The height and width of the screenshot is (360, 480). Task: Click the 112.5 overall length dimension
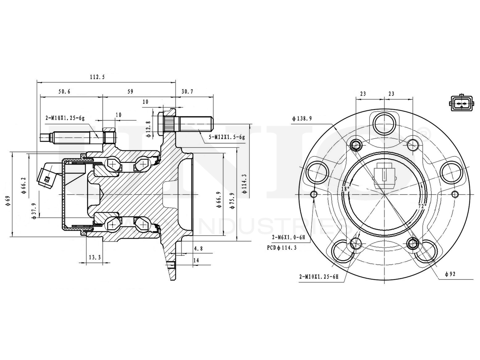pos(97,77)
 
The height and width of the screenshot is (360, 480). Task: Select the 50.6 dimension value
pos(64,91)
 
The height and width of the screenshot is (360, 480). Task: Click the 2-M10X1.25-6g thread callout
pos(65,118)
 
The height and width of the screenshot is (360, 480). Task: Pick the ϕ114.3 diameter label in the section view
pos(244,184)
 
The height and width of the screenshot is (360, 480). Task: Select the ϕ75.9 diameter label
pos(232,201)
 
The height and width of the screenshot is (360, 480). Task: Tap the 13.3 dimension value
pos(94,258)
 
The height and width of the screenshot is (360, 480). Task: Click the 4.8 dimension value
pos(198,249)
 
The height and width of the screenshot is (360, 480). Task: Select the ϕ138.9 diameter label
pos(302,118)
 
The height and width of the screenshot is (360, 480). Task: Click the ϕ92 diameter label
pos(450,274)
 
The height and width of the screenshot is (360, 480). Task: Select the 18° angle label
pos(345,189)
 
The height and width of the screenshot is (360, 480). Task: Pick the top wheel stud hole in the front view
pos(384,120)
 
